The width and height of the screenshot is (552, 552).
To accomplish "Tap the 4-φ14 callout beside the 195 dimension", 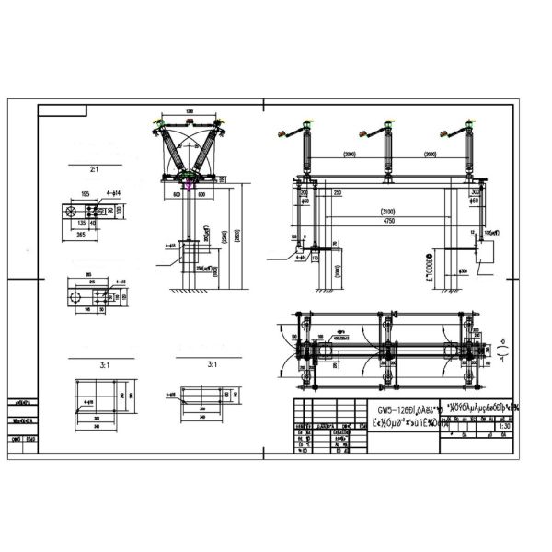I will [x=117, y=194].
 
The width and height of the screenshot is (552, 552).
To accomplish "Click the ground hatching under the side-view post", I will [x=190, y=291].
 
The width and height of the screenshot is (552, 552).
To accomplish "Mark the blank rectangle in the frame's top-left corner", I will [x=62, y=110].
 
